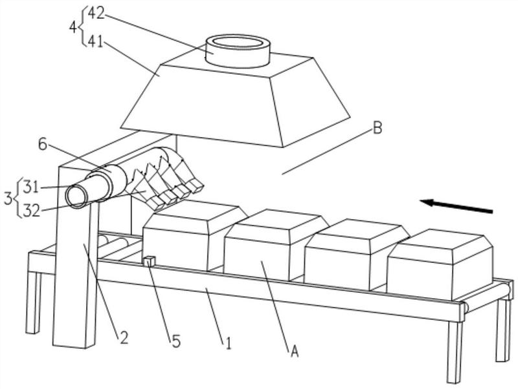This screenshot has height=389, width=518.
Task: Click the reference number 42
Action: point(96,14)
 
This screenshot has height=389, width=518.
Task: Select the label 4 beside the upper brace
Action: point(73,28)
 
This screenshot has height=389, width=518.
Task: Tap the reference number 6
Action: point(43,144)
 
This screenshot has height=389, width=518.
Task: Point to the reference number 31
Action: point(31,188)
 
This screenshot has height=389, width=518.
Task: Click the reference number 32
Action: point(32,211)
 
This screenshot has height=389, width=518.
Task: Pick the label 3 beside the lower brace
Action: point(8,199)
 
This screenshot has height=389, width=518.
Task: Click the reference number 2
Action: point(124,337)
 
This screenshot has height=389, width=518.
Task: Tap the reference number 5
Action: point(176,341)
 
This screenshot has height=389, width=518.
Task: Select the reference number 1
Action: point(229,343)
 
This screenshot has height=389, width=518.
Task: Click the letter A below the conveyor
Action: point(295,352)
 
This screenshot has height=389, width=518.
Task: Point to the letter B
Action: point(377,128)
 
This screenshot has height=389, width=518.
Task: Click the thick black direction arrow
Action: point(456,206)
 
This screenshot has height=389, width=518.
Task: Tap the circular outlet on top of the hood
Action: point(238,51)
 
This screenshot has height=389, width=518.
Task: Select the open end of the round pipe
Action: point(76,197)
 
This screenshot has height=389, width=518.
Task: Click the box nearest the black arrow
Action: point(441,264)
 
